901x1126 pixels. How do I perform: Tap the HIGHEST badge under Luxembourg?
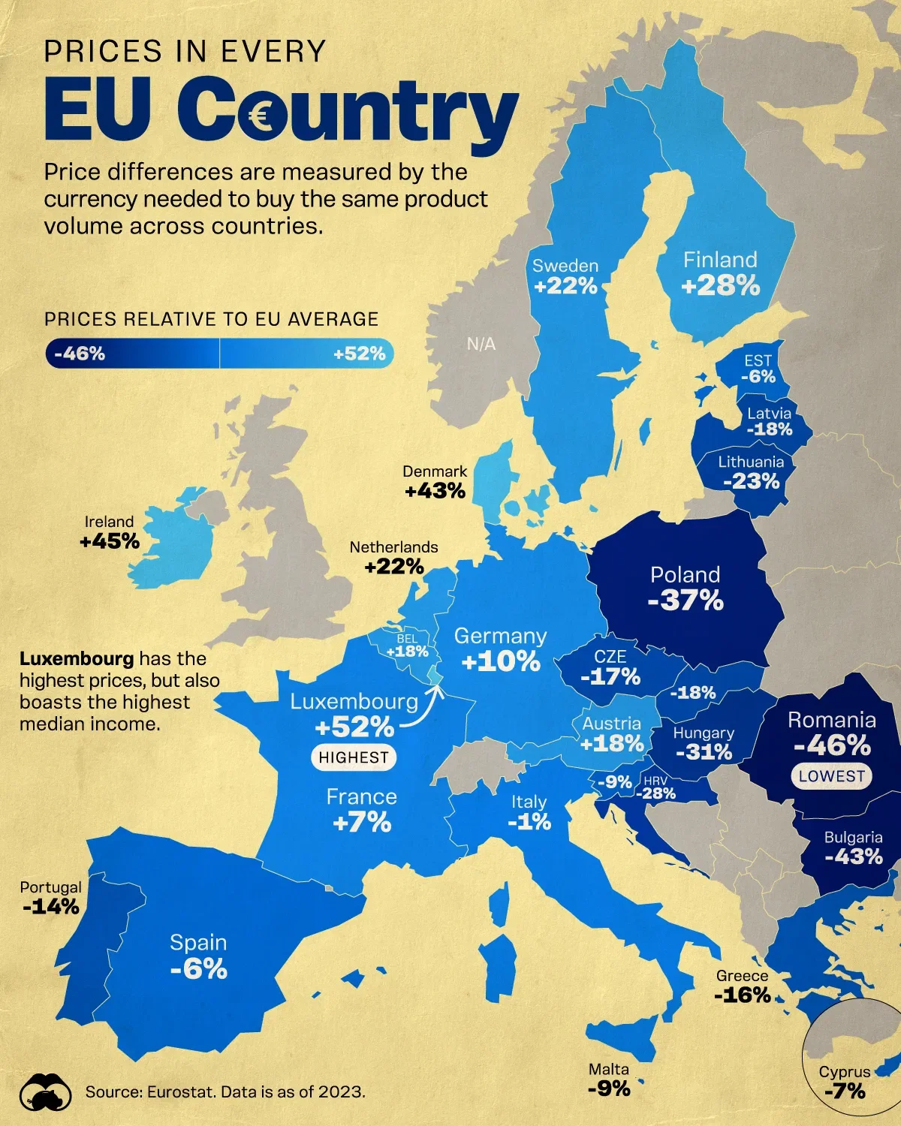[354, 757]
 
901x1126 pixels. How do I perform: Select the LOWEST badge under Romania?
[831, 776]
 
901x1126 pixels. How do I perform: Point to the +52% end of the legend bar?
[360, 354]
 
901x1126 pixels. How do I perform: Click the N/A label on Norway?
[481, 344]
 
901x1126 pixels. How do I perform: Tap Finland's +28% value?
[721, 286]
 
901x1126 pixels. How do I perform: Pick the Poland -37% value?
[686, 601]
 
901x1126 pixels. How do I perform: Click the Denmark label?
[435, 471]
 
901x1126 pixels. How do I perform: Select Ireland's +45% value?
[110, 540]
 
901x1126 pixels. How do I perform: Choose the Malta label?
[609, 1069]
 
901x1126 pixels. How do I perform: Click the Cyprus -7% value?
[845, 1091]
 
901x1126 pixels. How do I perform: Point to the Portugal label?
[51, 887]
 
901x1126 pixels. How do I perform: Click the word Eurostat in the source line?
[179, 1091]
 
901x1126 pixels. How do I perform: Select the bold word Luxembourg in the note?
[77, 659]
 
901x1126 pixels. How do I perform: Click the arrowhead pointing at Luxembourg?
[438, 687]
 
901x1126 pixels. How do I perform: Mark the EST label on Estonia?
[758, 360]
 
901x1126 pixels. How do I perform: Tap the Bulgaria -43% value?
[854, 857]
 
